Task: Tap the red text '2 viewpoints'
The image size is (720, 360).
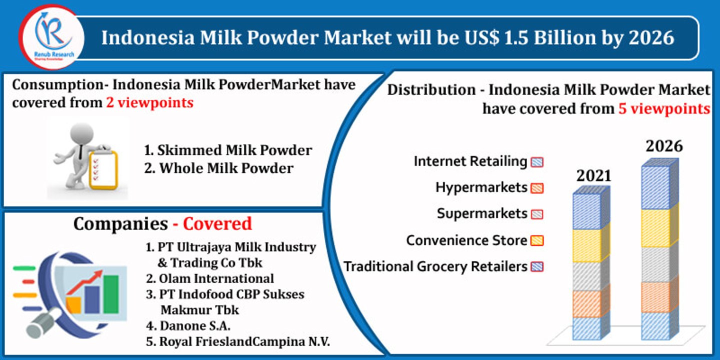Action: pos(149,102)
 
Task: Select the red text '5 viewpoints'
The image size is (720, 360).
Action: pos(664,108)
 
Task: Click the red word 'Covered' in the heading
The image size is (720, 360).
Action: pos(217,223)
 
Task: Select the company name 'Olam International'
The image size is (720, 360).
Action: pos(216,278)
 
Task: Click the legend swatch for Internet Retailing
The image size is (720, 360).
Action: pos(537,162)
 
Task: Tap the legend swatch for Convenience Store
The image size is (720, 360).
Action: pos(537,240)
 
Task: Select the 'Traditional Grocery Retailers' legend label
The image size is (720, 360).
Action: pos(435,266)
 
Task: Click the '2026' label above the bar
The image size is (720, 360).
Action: pos(664,146)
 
